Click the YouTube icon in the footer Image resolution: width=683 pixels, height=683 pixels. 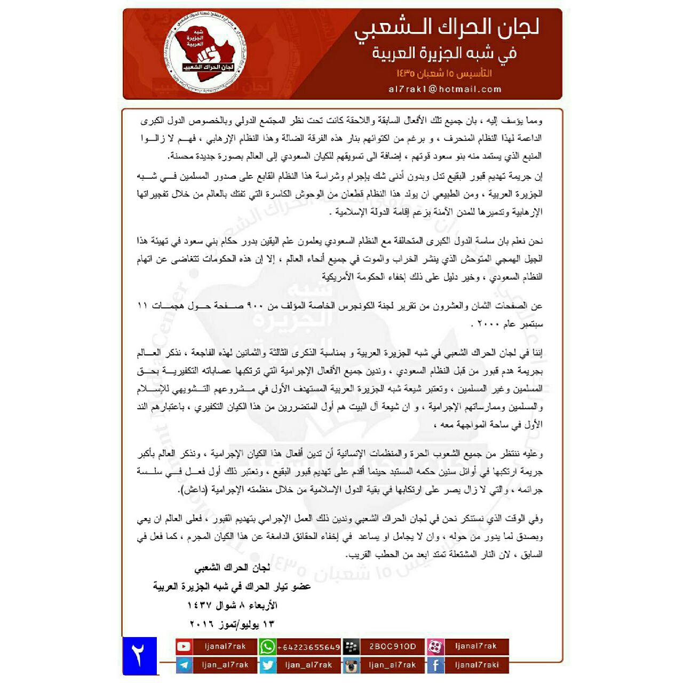coord(184,646)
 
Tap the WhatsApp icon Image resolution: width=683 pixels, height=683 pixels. coord(267,647)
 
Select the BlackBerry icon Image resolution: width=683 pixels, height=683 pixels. coord(351,647)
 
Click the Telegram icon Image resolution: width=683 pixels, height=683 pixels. coord(184,665)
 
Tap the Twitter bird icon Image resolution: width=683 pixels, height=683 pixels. coord(267,665)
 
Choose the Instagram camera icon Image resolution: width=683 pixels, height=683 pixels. coord(351,665)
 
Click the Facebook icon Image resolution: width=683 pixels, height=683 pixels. coord(435,665)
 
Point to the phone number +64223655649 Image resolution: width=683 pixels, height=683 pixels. coord(309,647)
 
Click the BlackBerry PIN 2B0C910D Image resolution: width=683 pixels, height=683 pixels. coord(392,646)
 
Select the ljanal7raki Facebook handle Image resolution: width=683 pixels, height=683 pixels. coord(476,665)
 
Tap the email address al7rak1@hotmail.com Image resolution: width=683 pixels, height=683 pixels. coord(445,89)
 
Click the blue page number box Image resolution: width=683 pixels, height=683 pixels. coord(139,656)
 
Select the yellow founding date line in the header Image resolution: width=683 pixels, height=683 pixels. coord(444,73)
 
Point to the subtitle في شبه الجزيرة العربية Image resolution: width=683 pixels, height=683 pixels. coord(444,53)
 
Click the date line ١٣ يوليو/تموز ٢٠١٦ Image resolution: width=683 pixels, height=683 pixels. coord(232,623)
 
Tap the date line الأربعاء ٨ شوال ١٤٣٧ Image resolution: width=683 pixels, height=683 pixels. coord(232,605)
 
